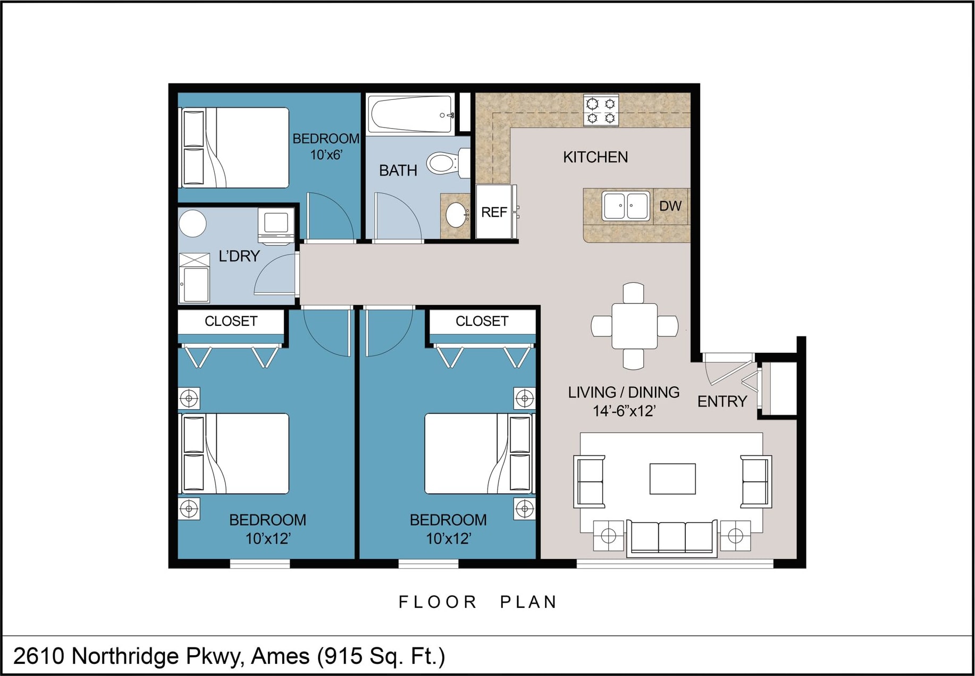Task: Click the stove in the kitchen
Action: pyautogui.click(x=601, y=110)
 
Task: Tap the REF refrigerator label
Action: pyautogui.click(x=494, y=213)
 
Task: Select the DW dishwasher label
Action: pyautogui.click(x=670, y=206)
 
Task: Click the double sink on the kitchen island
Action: pyautogui.click(x=626, y=206)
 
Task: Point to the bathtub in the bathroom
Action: pyautogui.click(x=411, y=114)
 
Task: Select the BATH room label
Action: pyautogui.click(x=398, y=171)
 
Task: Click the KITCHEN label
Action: pyautogui.click(x=595, y=157)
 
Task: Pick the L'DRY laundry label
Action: pyautogui.click(x=239, y=256)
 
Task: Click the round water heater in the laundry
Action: pyautogui.click(x=192, y=223)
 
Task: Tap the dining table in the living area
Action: pyautogui.click(x=634, y=326)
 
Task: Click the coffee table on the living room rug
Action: pyautogui.click(x=673, y=479)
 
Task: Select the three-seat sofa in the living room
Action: pyautogui.click(x=672, y=538)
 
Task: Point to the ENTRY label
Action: pyautogui.click(x=722, y=402)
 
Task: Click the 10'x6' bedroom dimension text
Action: pyautogui.click(x=326, y=155)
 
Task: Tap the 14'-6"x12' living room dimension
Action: pyautogui.click(x=624, y=411)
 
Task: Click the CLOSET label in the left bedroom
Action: pyautogui.click(x=231, y=321)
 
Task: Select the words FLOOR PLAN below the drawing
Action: pyautogui.click(x=477, y=602)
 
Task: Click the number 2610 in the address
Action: pyautogui.click(x=38, y=656)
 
